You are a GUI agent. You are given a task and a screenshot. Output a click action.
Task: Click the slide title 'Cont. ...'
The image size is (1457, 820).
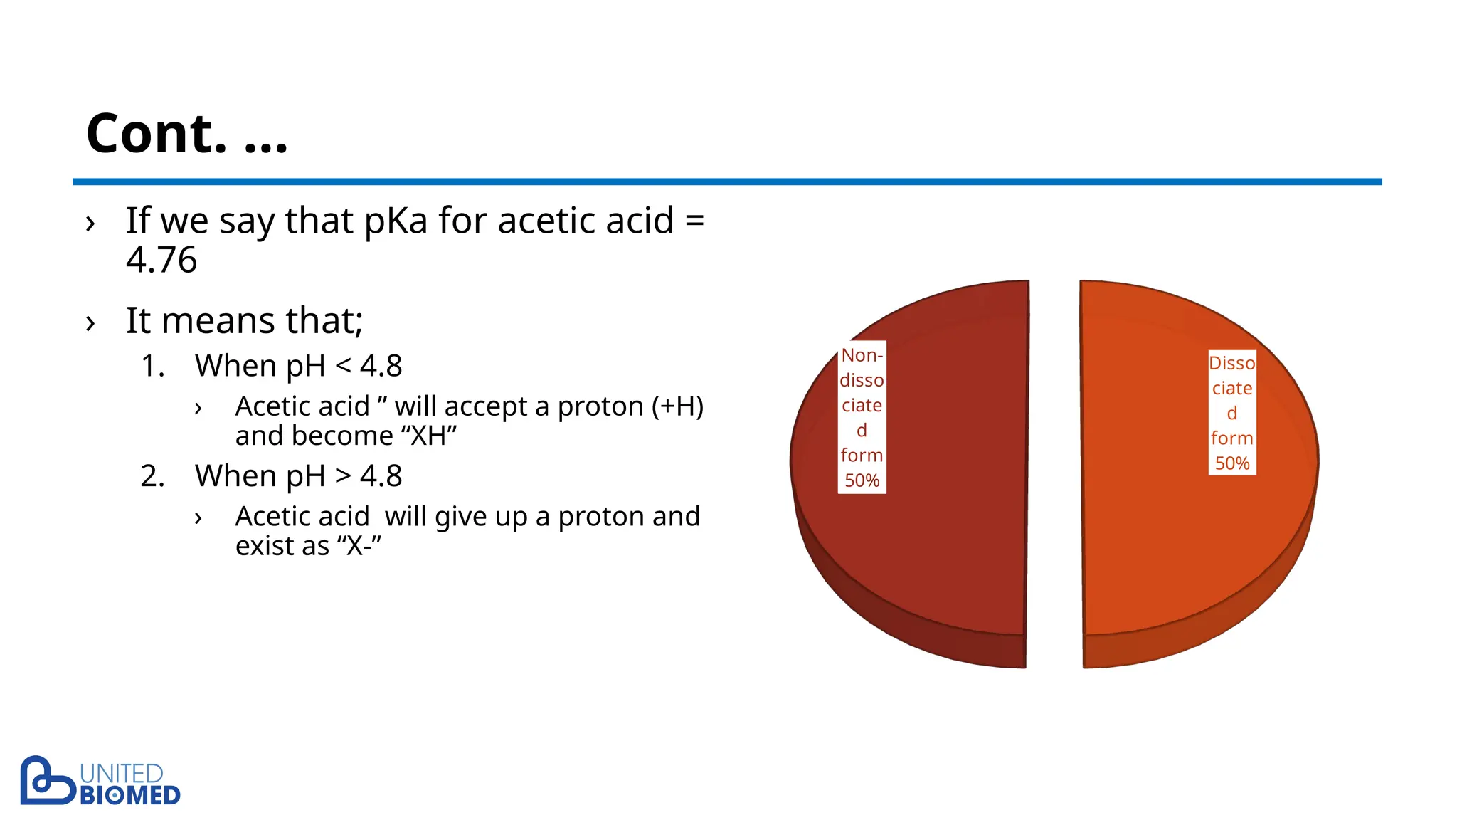[186, 133]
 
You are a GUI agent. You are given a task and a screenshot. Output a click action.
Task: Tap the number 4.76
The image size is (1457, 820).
[161, 260]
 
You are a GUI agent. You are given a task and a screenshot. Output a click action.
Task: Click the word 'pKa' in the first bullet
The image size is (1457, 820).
[396, 221]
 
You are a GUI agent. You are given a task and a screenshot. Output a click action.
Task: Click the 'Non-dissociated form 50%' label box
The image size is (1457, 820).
[862, 417]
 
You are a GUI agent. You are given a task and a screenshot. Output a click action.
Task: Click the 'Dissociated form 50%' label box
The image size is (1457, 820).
[1231, 413]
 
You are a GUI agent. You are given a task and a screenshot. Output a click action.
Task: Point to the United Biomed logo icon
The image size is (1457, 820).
[46, 781]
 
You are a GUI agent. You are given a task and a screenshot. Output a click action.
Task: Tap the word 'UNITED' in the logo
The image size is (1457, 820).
[121, 774]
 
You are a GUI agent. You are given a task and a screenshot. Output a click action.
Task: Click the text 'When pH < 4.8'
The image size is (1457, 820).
[298, 366]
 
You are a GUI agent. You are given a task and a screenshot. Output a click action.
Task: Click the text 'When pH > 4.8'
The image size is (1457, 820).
[298, 476]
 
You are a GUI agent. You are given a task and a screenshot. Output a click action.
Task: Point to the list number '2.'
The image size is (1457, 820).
[152, 476]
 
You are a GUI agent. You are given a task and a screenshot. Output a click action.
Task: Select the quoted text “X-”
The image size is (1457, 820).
[359, 546]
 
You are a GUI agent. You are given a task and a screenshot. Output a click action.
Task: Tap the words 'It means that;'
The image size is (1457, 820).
[244, 320]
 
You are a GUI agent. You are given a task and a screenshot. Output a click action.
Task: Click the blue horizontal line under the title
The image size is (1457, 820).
[726, 182]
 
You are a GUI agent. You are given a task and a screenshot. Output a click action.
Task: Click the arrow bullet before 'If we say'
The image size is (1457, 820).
[90, 224]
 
